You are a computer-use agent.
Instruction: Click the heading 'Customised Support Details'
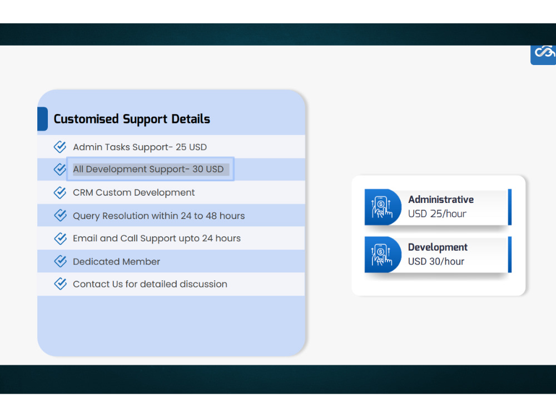click(132, 119)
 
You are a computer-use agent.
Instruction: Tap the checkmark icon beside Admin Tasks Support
click(60, 147)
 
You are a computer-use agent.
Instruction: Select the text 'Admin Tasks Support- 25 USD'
click(140, 147)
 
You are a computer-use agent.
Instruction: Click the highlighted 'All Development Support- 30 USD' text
click(148, 169)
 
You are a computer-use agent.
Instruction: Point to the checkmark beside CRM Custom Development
click(60, 192)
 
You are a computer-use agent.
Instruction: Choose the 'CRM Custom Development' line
click(134, 193)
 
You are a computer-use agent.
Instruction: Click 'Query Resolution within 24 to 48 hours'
click(158, 216)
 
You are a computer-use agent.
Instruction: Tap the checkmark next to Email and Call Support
click(60, 239)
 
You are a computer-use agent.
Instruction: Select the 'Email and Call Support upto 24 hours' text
click(157, 239)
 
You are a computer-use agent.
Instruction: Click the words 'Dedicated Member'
click(116, 261)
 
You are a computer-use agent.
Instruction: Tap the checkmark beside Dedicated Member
click(60, 261)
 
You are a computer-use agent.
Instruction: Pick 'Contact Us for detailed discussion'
click(150, 284)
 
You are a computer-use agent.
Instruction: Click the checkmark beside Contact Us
click(60, 284)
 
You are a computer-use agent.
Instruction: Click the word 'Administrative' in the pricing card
click(441, 200)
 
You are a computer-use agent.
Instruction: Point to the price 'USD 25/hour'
click(437, 214)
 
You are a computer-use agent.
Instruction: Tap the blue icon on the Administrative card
click(381, 207)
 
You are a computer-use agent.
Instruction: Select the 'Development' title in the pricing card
click(438, 247)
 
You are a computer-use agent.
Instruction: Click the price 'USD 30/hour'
click(436, 261)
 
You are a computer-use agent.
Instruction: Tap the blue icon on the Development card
click(381, 255)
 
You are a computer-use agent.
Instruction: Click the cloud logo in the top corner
click(544, 53)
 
